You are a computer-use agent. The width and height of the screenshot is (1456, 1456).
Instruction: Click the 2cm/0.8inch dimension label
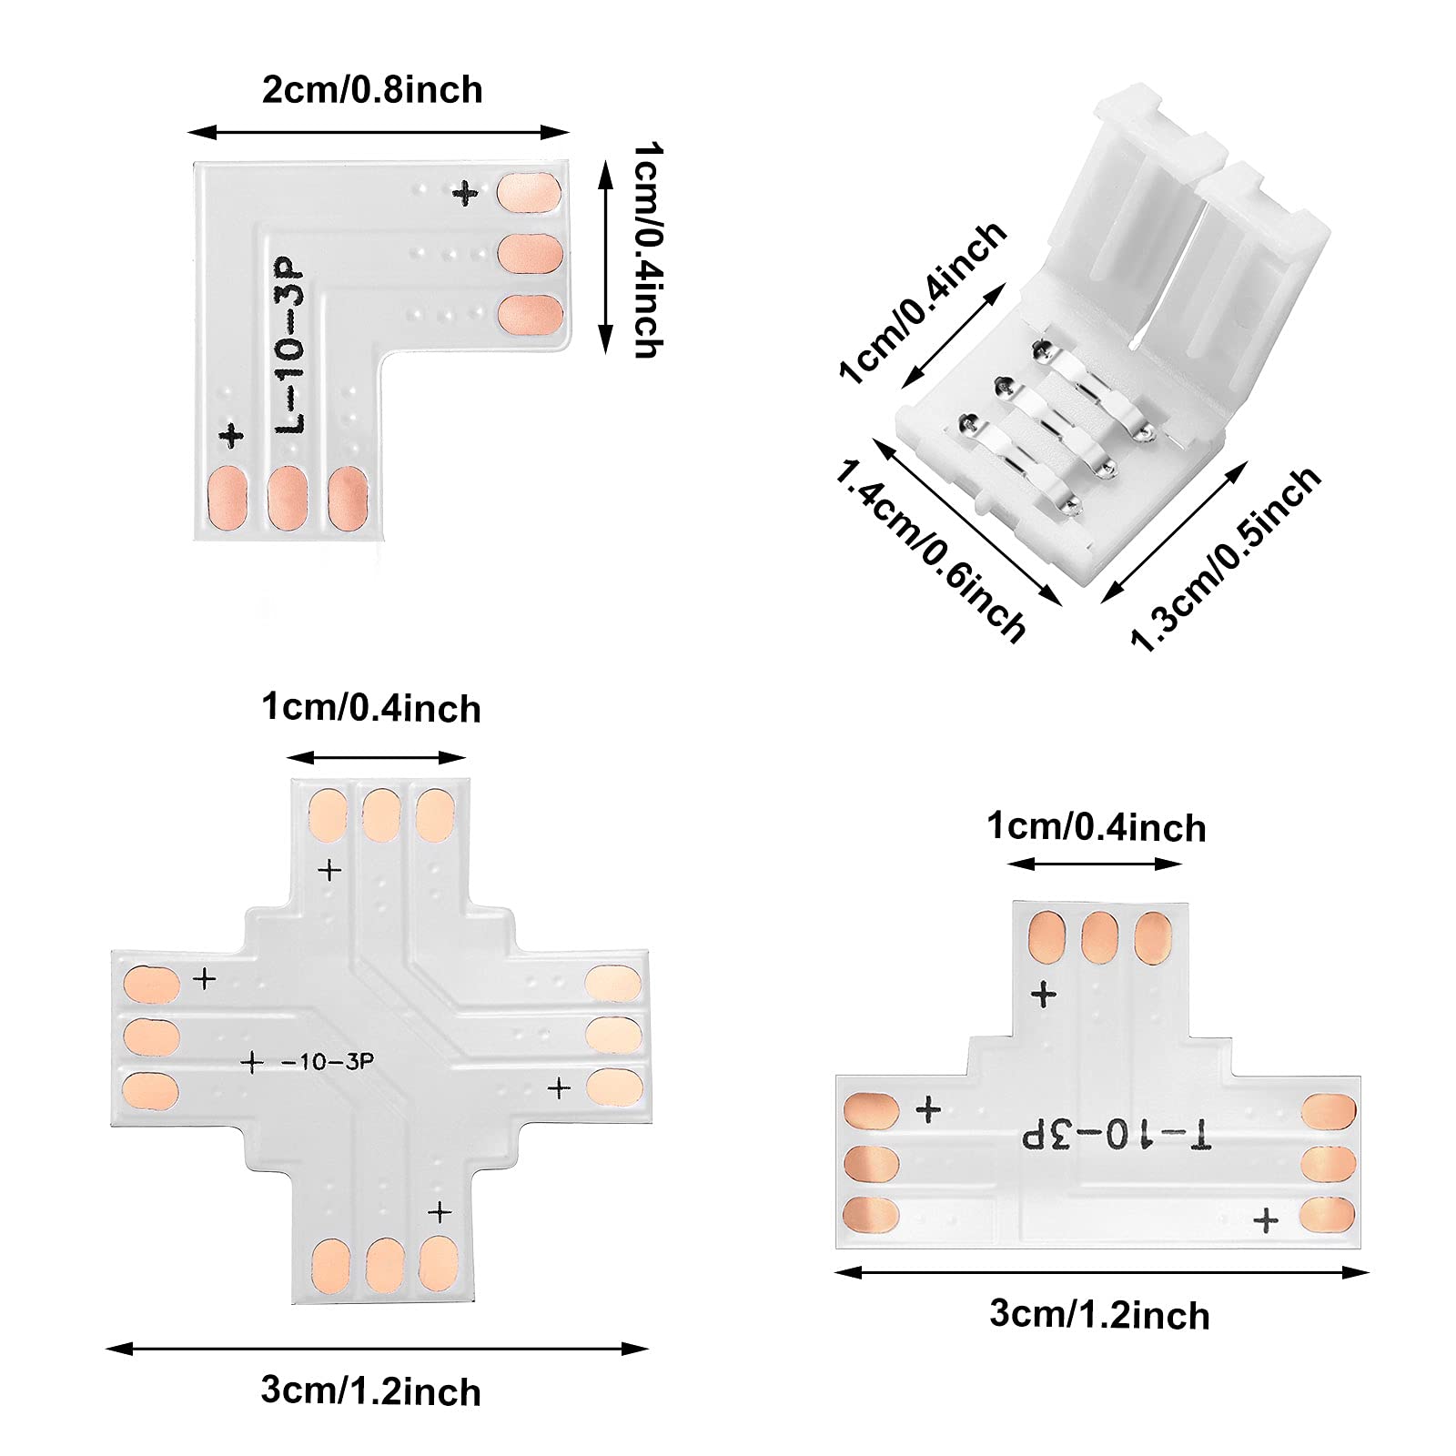[x=372, y=90]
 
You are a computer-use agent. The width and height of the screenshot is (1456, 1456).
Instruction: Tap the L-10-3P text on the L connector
[x=290, y=346]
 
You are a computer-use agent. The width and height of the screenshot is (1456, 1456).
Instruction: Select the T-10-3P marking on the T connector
[x=1117, y=1135]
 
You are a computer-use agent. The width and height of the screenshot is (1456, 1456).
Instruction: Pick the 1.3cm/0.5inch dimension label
[x=1225, y=559]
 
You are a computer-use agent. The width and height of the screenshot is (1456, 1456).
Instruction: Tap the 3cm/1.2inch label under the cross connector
[x=370, y=1391]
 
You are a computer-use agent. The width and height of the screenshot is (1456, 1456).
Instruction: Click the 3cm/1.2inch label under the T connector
[x=1099, y=1315]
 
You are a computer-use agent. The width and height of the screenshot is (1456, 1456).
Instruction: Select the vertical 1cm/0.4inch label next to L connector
[x=648, y=250]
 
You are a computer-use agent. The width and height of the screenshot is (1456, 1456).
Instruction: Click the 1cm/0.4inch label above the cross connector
[x=371, y=708]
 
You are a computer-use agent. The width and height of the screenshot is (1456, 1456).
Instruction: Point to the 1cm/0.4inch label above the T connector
[x=1097, y=827]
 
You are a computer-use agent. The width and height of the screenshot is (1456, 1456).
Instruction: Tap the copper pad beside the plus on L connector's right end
[x=529, y=193]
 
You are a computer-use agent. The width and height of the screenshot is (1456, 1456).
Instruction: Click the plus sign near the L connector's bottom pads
[x=232, y=435]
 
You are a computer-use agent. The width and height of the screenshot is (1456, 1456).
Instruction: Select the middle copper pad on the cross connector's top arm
[x=381, y=814]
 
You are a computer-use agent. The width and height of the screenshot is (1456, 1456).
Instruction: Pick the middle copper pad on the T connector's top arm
[x=1099, y=936]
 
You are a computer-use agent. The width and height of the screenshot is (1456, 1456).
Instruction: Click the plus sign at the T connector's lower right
[x=1265, y=1220]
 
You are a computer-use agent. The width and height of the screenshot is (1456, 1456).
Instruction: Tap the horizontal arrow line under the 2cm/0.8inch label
[x=379, y=133]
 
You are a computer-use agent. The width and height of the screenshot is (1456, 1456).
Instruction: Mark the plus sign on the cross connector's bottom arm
[x=440, y=1212]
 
